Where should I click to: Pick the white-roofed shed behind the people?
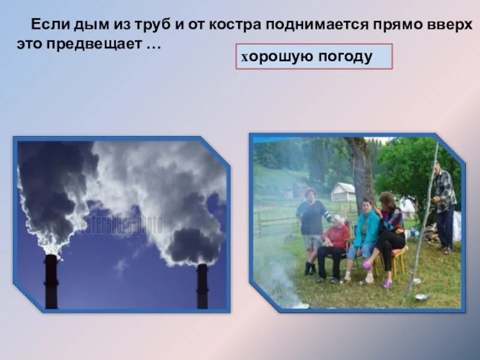(x=343, y=191)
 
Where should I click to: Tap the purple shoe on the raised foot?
(x=367, y=265)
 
